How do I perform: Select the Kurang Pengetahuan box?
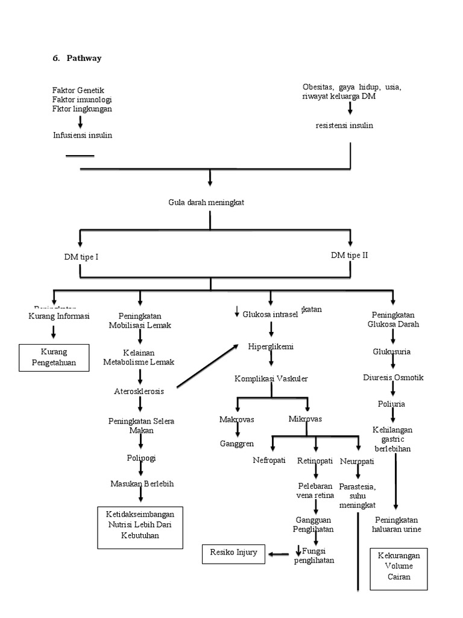coord(55,357)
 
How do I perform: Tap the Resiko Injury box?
coord(233,552)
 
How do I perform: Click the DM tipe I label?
coord(81,256)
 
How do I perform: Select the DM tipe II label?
coord(349,255)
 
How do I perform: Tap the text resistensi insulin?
coord(344,126)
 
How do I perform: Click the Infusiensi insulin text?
coord(82,135)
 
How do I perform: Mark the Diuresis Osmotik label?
coord(393,377)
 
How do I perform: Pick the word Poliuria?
coord(392,403)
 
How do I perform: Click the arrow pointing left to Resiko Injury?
coord(279,553)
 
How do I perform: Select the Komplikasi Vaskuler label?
coord(271,378)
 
